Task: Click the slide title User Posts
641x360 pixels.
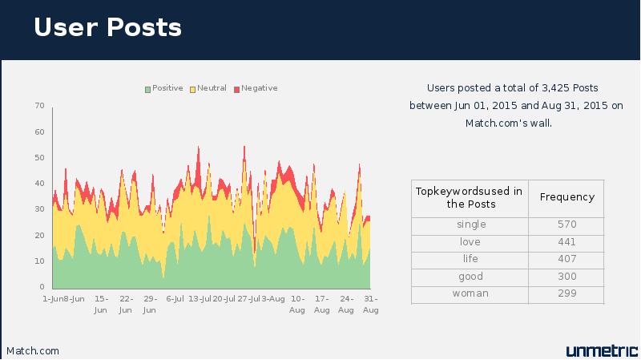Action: tap(107, 27)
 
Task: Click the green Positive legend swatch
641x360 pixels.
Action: tap(147, 89)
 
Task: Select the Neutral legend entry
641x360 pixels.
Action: tap(208, 88)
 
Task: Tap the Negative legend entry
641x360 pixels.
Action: tap(256, 88)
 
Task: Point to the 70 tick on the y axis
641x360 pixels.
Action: tap(39, 106)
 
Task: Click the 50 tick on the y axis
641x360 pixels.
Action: tap(39, 157)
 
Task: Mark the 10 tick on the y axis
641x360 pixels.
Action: tap(39, 261)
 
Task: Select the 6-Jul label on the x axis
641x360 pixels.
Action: tap(175, 299)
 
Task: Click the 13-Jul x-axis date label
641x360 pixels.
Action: tap(200, 299)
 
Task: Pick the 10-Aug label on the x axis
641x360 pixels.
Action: tap(297, 305)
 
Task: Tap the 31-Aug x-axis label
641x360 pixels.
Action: tap(371, 305)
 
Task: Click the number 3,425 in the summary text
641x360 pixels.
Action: tap(555, 88)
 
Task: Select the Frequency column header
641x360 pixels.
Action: tap(567, 197)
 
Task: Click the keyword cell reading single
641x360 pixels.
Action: tap(471, 224)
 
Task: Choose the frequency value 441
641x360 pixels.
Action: tap(567, 242)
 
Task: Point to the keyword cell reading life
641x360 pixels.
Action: tap(470, 258)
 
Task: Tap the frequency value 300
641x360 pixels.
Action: tap(567, 276)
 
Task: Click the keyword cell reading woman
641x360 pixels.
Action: tap(470, 293)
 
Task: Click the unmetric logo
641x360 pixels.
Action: tap(602, 350)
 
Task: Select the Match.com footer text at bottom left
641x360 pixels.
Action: tap(33, 351)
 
